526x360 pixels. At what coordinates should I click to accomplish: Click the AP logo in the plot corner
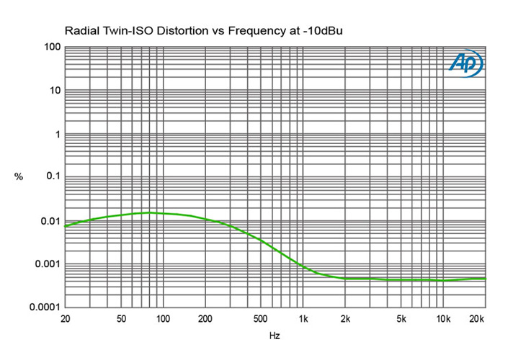(466, 64)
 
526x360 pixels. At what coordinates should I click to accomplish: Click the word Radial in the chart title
(81, 31)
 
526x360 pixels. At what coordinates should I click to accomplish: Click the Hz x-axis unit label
(275, 336)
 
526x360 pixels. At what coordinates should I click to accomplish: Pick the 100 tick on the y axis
(50, 47)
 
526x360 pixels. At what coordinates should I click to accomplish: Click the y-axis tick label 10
(53, 91)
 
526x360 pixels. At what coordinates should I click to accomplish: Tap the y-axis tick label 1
(56, 135)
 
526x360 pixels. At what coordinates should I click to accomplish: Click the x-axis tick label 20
(66, 318)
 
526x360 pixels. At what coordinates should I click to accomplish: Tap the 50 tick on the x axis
(121, 318)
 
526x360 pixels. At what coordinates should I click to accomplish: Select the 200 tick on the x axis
(205, 318)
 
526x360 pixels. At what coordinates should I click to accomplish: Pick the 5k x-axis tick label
(401, 318)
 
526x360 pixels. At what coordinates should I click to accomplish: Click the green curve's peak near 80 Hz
(150, 212)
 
